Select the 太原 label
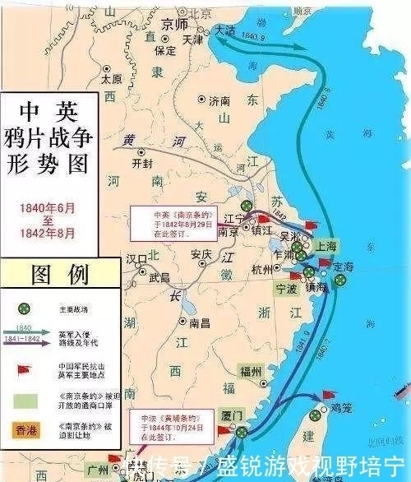coord(112,80)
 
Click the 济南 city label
coord(221,101)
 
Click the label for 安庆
coord(201,253)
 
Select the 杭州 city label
coord(263,270)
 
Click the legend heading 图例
coord(60,273)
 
